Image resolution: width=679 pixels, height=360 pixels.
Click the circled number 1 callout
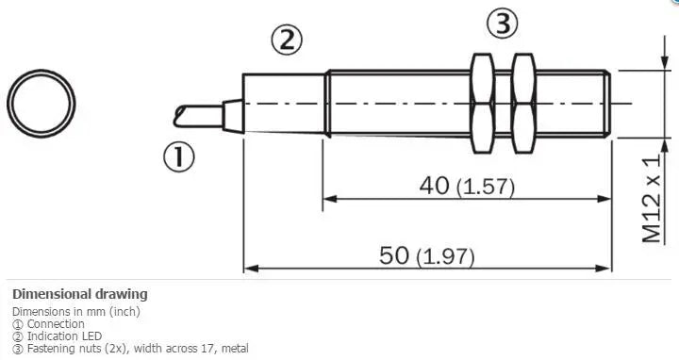179,156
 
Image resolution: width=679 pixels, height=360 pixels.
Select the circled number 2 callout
287,40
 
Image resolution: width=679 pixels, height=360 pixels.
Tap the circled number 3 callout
503,24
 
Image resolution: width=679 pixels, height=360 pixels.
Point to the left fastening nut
483,104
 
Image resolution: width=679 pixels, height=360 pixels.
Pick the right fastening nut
523,104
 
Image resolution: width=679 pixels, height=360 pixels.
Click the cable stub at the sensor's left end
198,116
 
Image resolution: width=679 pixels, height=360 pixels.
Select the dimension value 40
435,186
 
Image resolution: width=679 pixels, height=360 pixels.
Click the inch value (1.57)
486,187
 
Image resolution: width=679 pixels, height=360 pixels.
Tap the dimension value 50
394,254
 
